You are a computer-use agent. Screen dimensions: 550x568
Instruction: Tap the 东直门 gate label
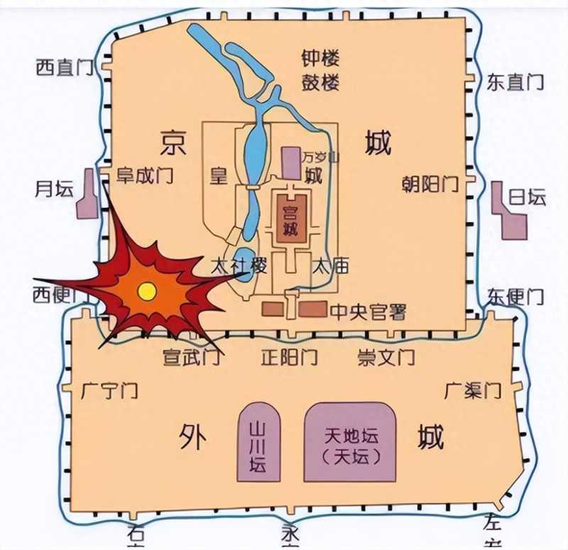tap(515, 82)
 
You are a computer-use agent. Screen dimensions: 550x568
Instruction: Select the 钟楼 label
tap(320, 58)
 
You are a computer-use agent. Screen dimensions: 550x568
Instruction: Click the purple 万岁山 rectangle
tap(291, 163)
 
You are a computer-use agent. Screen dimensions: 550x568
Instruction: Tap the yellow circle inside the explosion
tap(147, 290)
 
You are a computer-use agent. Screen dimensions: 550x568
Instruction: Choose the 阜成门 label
tap(145, 175)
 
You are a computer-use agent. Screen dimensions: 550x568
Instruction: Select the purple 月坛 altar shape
tap(87, 193)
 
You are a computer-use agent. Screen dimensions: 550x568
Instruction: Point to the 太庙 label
tap(331, 267)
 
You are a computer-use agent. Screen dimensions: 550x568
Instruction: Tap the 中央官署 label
tap(368, 311)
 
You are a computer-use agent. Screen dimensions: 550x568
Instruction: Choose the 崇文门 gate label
tap(386, 356)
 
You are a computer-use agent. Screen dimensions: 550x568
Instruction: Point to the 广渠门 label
tap(473, 390)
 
